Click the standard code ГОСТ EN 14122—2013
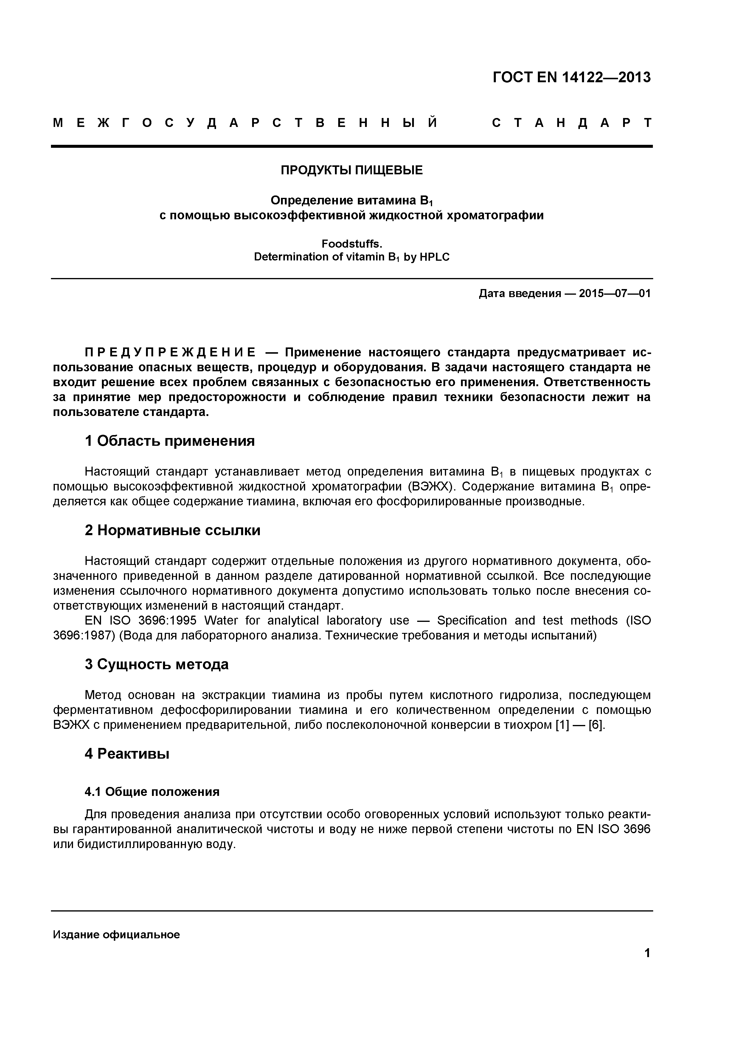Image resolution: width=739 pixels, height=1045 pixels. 572,77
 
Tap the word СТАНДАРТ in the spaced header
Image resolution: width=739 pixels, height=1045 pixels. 572,123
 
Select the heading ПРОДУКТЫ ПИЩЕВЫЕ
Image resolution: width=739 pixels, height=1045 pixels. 351,170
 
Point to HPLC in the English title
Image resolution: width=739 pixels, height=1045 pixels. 434,257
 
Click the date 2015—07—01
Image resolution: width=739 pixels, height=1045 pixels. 615,294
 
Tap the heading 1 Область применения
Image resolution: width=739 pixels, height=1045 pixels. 170,441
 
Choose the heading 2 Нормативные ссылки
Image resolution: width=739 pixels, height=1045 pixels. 173,530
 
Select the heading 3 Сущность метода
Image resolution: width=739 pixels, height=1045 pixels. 156,664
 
